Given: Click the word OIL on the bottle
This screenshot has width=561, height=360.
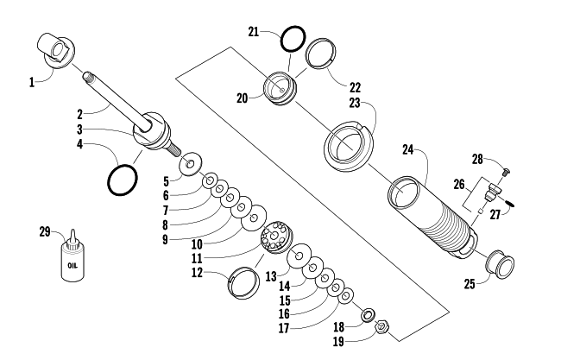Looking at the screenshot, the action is click(72, 266).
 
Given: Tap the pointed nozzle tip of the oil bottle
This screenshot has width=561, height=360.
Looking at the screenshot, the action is click(73, 231).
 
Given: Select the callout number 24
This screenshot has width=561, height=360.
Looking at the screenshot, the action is click(408, 149).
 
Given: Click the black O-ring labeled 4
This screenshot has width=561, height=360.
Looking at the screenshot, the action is click(122, 180).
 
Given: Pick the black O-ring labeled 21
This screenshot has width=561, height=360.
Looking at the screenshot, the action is click(293, 39).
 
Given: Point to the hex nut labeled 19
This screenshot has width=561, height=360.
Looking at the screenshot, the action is click(381, 326).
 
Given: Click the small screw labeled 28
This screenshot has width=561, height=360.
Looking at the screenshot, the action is click(507, 172).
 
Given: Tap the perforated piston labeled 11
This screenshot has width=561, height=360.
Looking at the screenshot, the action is click(276, 237).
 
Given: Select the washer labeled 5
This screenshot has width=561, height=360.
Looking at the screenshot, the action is click(191, 165).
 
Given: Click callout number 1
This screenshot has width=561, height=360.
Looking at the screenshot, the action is click(32, 82).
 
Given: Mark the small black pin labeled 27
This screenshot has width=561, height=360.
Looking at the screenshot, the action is click(510, 203).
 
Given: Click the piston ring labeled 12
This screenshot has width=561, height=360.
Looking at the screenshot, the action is click(243, 282).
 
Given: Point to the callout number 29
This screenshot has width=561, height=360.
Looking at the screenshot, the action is click(45, 232).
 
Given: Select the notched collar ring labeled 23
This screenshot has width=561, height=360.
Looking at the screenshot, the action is click(348, 146).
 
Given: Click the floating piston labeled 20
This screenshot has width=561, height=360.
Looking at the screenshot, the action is click(280, 88).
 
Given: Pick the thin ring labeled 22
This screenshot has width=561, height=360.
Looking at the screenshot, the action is click(321, 54).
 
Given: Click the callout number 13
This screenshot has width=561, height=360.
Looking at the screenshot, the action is click(271, 276).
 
